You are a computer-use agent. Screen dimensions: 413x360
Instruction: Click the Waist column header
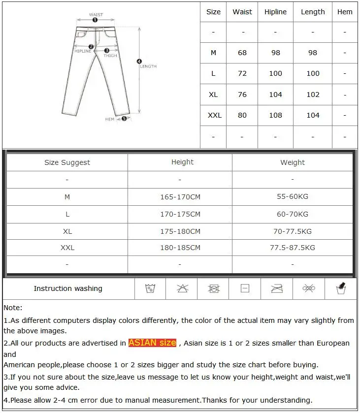pos(242,12)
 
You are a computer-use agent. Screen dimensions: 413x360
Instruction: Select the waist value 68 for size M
pos(242,53)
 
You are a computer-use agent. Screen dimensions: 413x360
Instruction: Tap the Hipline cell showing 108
pos(275,115)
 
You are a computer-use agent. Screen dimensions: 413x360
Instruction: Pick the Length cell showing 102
pos(313,95)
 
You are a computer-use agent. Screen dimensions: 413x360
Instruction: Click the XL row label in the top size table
pos(213,95)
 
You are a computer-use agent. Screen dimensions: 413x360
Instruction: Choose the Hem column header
pos(345,12)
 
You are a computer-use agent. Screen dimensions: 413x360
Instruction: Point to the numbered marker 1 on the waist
pos(95,20)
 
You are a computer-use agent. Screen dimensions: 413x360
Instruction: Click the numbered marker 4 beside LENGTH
pos(139,62)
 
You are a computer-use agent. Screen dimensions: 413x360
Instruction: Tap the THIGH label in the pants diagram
pos(110,56)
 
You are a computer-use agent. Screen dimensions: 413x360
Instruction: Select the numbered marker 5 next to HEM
pos(124,119)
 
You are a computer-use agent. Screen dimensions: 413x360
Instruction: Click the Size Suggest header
pos(67,162)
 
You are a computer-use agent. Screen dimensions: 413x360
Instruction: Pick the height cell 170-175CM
pos(180,214)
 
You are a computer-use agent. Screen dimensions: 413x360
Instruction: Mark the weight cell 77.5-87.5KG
pos(293,248)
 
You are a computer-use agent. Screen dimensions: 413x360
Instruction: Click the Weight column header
pos(293,162)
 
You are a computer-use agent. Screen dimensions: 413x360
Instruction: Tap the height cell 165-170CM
pos(180,197)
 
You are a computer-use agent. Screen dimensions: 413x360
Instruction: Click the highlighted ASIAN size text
pos(152,343)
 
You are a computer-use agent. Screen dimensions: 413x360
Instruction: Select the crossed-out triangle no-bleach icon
pos(182,288)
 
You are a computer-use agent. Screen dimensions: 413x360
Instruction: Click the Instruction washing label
pos(68,288)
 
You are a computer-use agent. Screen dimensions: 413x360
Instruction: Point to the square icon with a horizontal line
pos(245,288)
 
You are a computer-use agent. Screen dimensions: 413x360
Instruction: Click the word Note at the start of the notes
pos(13,308)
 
